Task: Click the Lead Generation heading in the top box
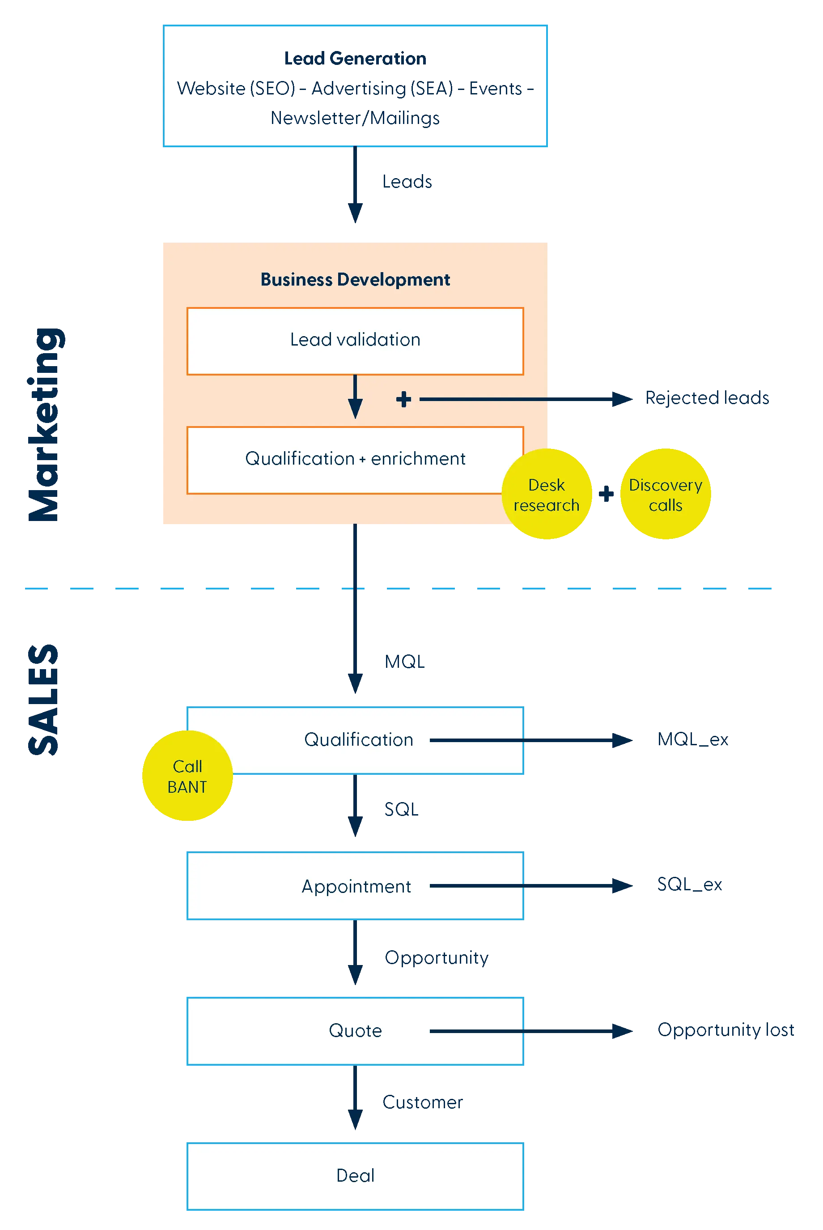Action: pos(354,58)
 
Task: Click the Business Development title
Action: pos(355,279)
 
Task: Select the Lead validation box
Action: pos(355,340)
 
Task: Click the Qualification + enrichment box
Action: pos(355,459)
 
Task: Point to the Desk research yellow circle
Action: pos(547,495)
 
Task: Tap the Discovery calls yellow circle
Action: pos(665,495)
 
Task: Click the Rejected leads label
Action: pos(706,398)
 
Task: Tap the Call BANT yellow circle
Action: pos(187,776)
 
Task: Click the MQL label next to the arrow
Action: pos(403,661)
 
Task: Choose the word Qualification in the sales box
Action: pos(358,740)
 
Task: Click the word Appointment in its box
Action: pos(356,887)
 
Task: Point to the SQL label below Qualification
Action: pos(400,809)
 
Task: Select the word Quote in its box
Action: pos(355,1030)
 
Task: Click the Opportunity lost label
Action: pos(725,1030)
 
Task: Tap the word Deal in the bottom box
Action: pos(355,1175)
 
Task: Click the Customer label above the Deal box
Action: pos(423,1102)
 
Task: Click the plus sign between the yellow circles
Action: pos(606,494)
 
